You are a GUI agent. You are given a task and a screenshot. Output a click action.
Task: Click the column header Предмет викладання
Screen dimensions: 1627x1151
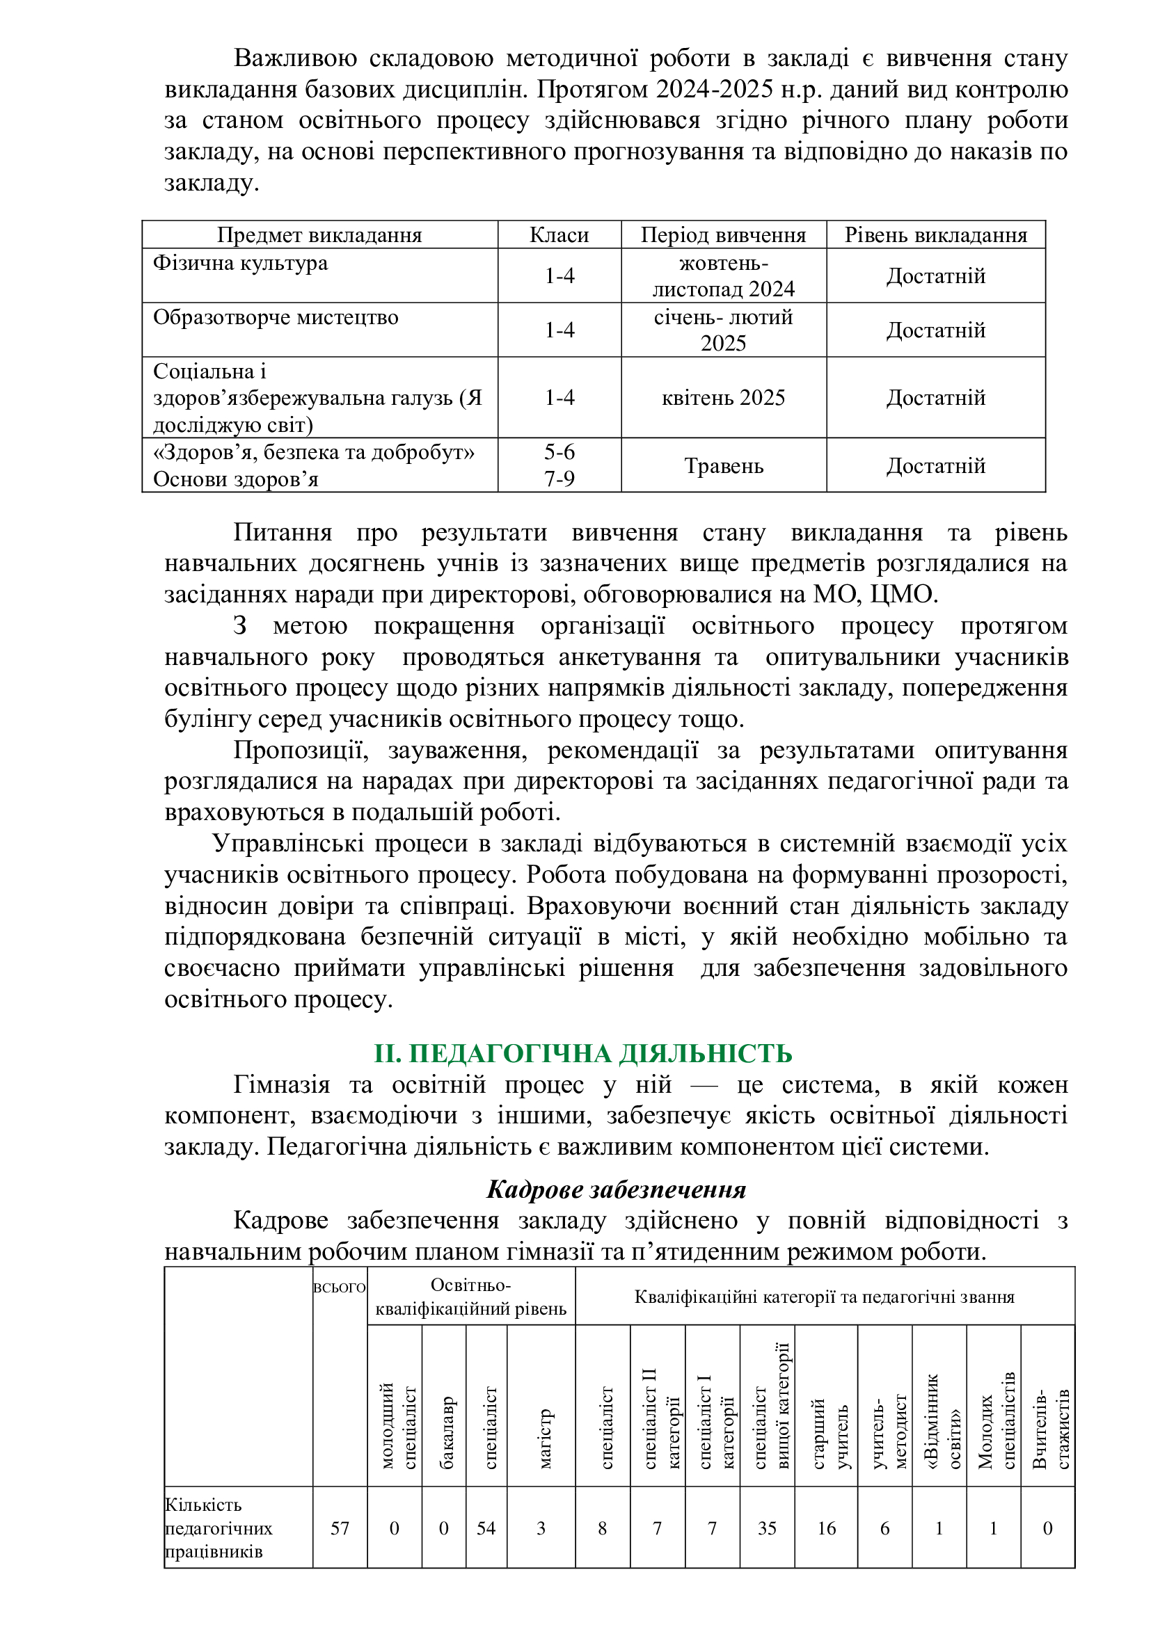tap(319, 234)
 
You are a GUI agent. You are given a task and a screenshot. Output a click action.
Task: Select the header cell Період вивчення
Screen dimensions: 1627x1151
tap(723, 234)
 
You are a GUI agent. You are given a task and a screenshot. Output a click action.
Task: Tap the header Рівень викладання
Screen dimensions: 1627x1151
tap(935, 234)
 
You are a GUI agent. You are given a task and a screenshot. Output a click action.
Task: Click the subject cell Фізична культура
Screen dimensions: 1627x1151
tap(240, 263)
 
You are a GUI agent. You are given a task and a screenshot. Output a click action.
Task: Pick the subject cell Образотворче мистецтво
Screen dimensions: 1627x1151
tap(276, 316)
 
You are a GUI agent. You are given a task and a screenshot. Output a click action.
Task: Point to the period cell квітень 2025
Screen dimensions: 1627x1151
tap(723, 398)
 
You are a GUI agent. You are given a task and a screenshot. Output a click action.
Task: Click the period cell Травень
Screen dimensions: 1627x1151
tap(723, 465)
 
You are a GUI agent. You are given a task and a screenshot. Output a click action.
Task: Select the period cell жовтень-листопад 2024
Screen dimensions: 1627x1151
tap(723, 275)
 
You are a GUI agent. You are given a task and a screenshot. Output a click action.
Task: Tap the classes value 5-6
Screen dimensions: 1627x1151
tap(559, 452)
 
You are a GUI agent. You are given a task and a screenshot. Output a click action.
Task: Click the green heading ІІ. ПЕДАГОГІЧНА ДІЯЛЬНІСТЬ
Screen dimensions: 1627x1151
tap(582, 1054)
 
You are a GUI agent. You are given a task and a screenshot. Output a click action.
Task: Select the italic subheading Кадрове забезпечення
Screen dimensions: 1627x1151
tap(616, 1189)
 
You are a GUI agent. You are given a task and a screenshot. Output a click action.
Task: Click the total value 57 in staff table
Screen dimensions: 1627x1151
tap(340, 1528)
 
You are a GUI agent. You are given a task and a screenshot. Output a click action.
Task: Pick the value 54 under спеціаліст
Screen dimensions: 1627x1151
tap(486, 1528)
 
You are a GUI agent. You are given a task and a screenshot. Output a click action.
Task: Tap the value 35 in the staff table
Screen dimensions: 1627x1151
tap(767, 1528)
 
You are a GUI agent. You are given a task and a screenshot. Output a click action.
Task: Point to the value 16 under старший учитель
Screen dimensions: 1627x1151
tap(827, 1528)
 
